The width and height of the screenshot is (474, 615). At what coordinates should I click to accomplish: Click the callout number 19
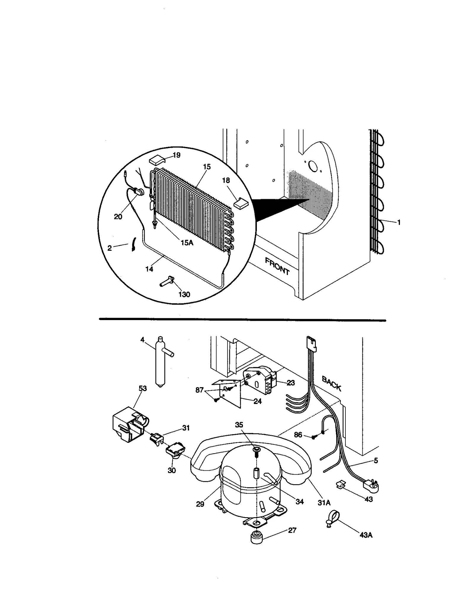(x=176, y=155)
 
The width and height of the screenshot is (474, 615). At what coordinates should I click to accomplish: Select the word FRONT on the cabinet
(x=277, y=266)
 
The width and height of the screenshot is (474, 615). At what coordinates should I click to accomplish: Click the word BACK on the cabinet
(x=332, y=384)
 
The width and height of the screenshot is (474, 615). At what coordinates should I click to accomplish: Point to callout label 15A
(x=187, y=243)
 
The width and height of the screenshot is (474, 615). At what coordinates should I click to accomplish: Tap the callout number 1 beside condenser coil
(x=399, y=222)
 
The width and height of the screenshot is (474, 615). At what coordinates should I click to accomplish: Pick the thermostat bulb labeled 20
(x=140, y=192)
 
